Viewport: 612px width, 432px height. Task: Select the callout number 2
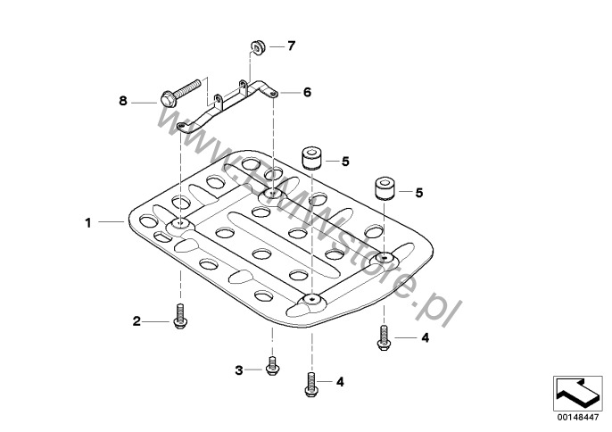[x=137, y=320]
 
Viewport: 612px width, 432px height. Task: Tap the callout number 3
[x=239, y=370]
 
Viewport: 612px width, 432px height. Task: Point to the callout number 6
[x=307, y=91]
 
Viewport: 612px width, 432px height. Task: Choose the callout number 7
[x=290, y=45]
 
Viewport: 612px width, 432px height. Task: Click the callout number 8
[x=124, y=102]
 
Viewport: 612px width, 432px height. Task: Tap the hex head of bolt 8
[x=168, y=99]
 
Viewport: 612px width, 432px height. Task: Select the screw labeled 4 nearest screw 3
[x=310, y=384]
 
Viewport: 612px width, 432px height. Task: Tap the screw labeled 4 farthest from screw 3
[x=385, y=337]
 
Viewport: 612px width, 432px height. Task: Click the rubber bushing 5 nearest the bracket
[x=311, y=159]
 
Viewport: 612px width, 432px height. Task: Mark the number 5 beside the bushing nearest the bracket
[x=345, y=162]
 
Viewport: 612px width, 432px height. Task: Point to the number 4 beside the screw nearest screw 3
[x=340, y=382]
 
